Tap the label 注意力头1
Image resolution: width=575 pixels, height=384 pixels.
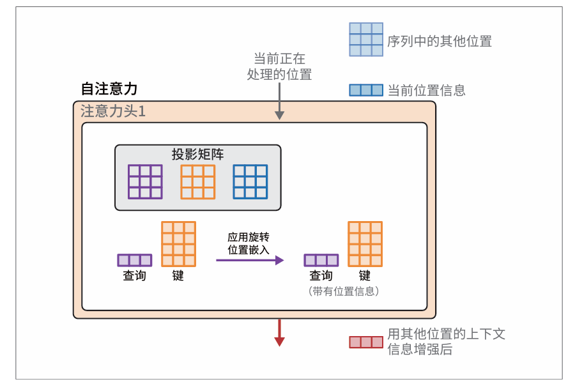(113, 111)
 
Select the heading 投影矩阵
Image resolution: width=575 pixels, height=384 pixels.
(197, 154)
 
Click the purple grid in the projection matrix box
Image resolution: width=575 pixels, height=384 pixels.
(145, 181)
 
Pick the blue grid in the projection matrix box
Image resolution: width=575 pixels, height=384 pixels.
(250, 181)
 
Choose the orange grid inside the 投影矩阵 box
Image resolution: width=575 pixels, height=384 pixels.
(197, 181)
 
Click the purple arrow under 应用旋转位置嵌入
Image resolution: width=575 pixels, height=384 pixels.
(249, 260)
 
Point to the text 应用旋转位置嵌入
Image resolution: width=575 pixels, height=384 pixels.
(249, 243)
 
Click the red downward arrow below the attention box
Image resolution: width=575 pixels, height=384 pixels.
(279, 333)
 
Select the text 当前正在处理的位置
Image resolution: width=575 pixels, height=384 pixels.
(279, 66)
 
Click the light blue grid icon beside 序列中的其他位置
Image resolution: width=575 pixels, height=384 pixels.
(366, 40)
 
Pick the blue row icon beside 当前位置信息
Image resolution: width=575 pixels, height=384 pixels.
(366, 90)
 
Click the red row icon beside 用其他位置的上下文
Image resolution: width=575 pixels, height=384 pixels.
(366, 342)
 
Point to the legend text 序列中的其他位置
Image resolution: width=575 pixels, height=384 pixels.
(440, 42)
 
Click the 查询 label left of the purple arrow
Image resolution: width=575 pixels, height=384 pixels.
(134, 276)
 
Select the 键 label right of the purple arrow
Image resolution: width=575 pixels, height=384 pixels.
(364, 276)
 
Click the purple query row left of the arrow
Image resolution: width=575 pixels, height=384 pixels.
(134, 260)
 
